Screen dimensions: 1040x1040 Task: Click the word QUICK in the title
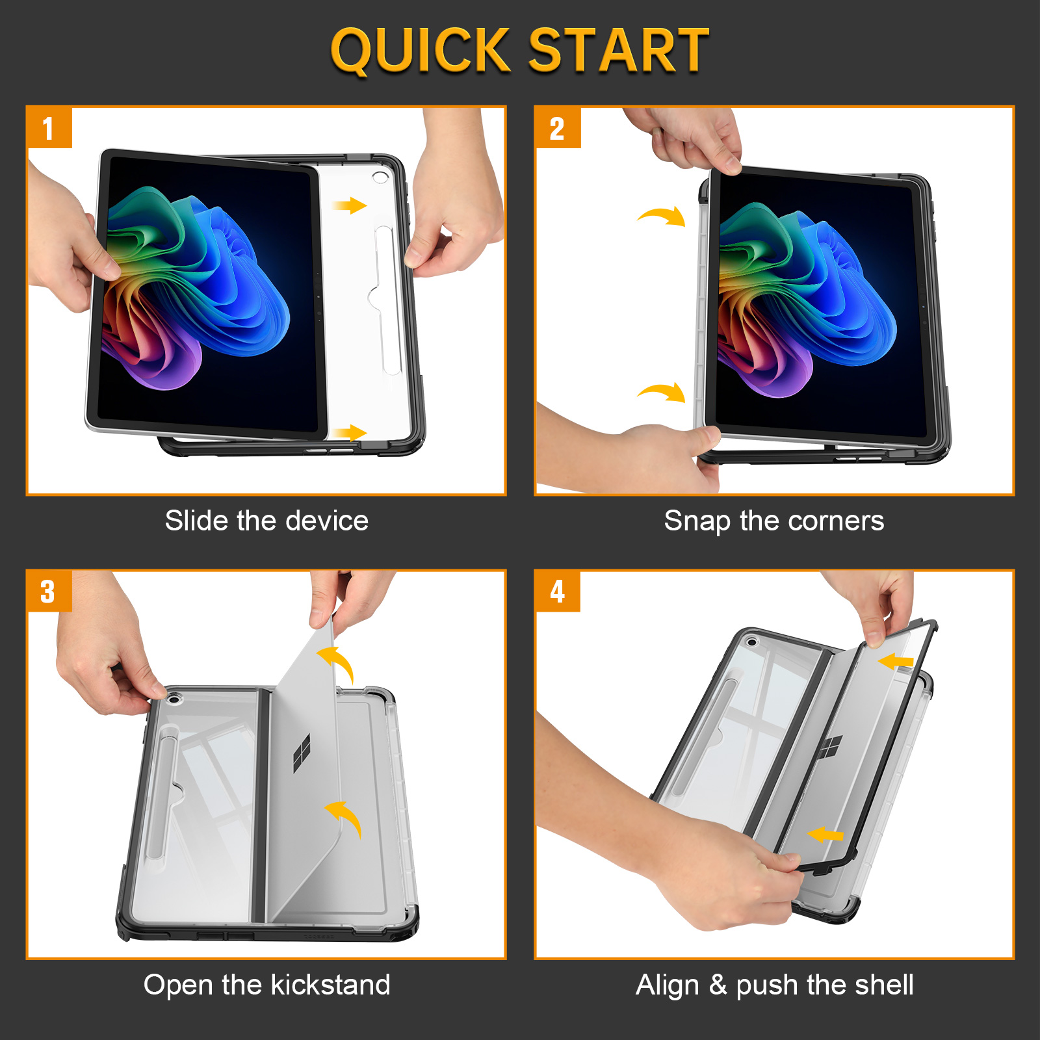tap(421, 51)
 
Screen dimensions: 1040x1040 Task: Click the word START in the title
tap(618, 50)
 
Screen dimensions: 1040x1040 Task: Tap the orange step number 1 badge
tap(49, 127)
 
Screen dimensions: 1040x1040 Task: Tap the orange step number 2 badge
tap(558, 127)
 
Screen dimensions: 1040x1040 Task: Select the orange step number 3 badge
tap(49, 591)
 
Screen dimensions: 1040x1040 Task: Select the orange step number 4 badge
tap(558, 591)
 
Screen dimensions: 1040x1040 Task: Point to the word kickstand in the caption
tap(331, 985)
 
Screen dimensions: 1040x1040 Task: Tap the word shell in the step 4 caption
tap(884, 985)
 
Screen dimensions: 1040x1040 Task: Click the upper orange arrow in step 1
tap(350, 206)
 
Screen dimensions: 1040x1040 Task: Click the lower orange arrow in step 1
tap(350, 433)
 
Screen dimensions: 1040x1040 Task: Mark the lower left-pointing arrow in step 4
tap(825, 835)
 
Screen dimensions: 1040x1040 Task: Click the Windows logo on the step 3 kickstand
tap(302, 754)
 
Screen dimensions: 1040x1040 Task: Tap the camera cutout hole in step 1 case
tap(380, 177)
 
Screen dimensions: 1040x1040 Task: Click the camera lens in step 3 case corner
tap(173, 699)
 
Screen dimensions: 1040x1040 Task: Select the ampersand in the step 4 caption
tap(718, 985)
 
